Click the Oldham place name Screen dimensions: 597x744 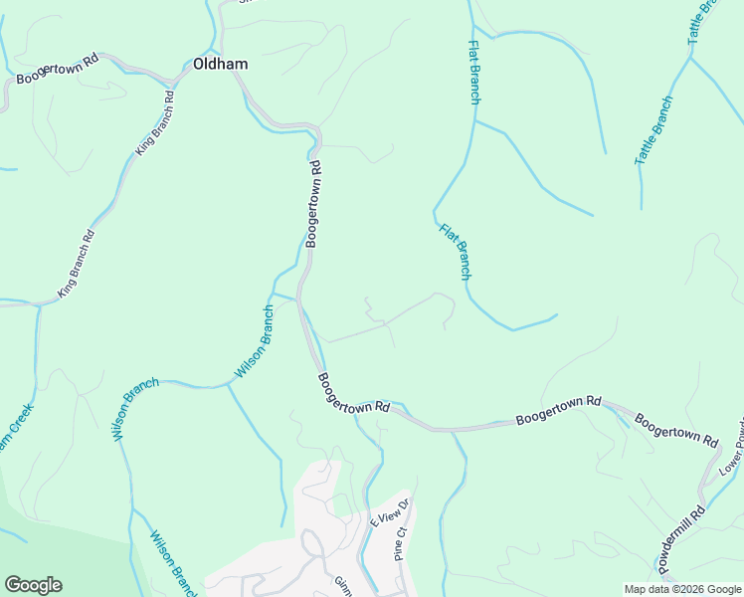pos(220,64)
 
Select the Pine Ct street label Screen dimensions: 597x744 pos(402,545)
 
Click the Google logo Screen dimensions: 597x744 pos(33,585)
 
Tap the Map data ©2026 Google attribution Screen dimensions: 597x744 pos(683,589)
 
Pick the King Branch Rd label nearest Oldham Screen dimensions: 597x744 pos(154,123)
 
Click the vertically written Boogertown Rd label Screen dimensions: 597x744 pos(314,204)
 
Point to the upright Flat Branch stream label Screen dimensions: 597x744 pos(474,72)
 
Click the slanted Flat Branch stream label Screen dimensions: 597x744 pos(456,251)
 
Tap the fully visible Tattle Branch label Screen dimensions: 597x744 pos(653,130)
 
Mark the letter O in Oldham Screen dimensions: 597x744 pos(199,64)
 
